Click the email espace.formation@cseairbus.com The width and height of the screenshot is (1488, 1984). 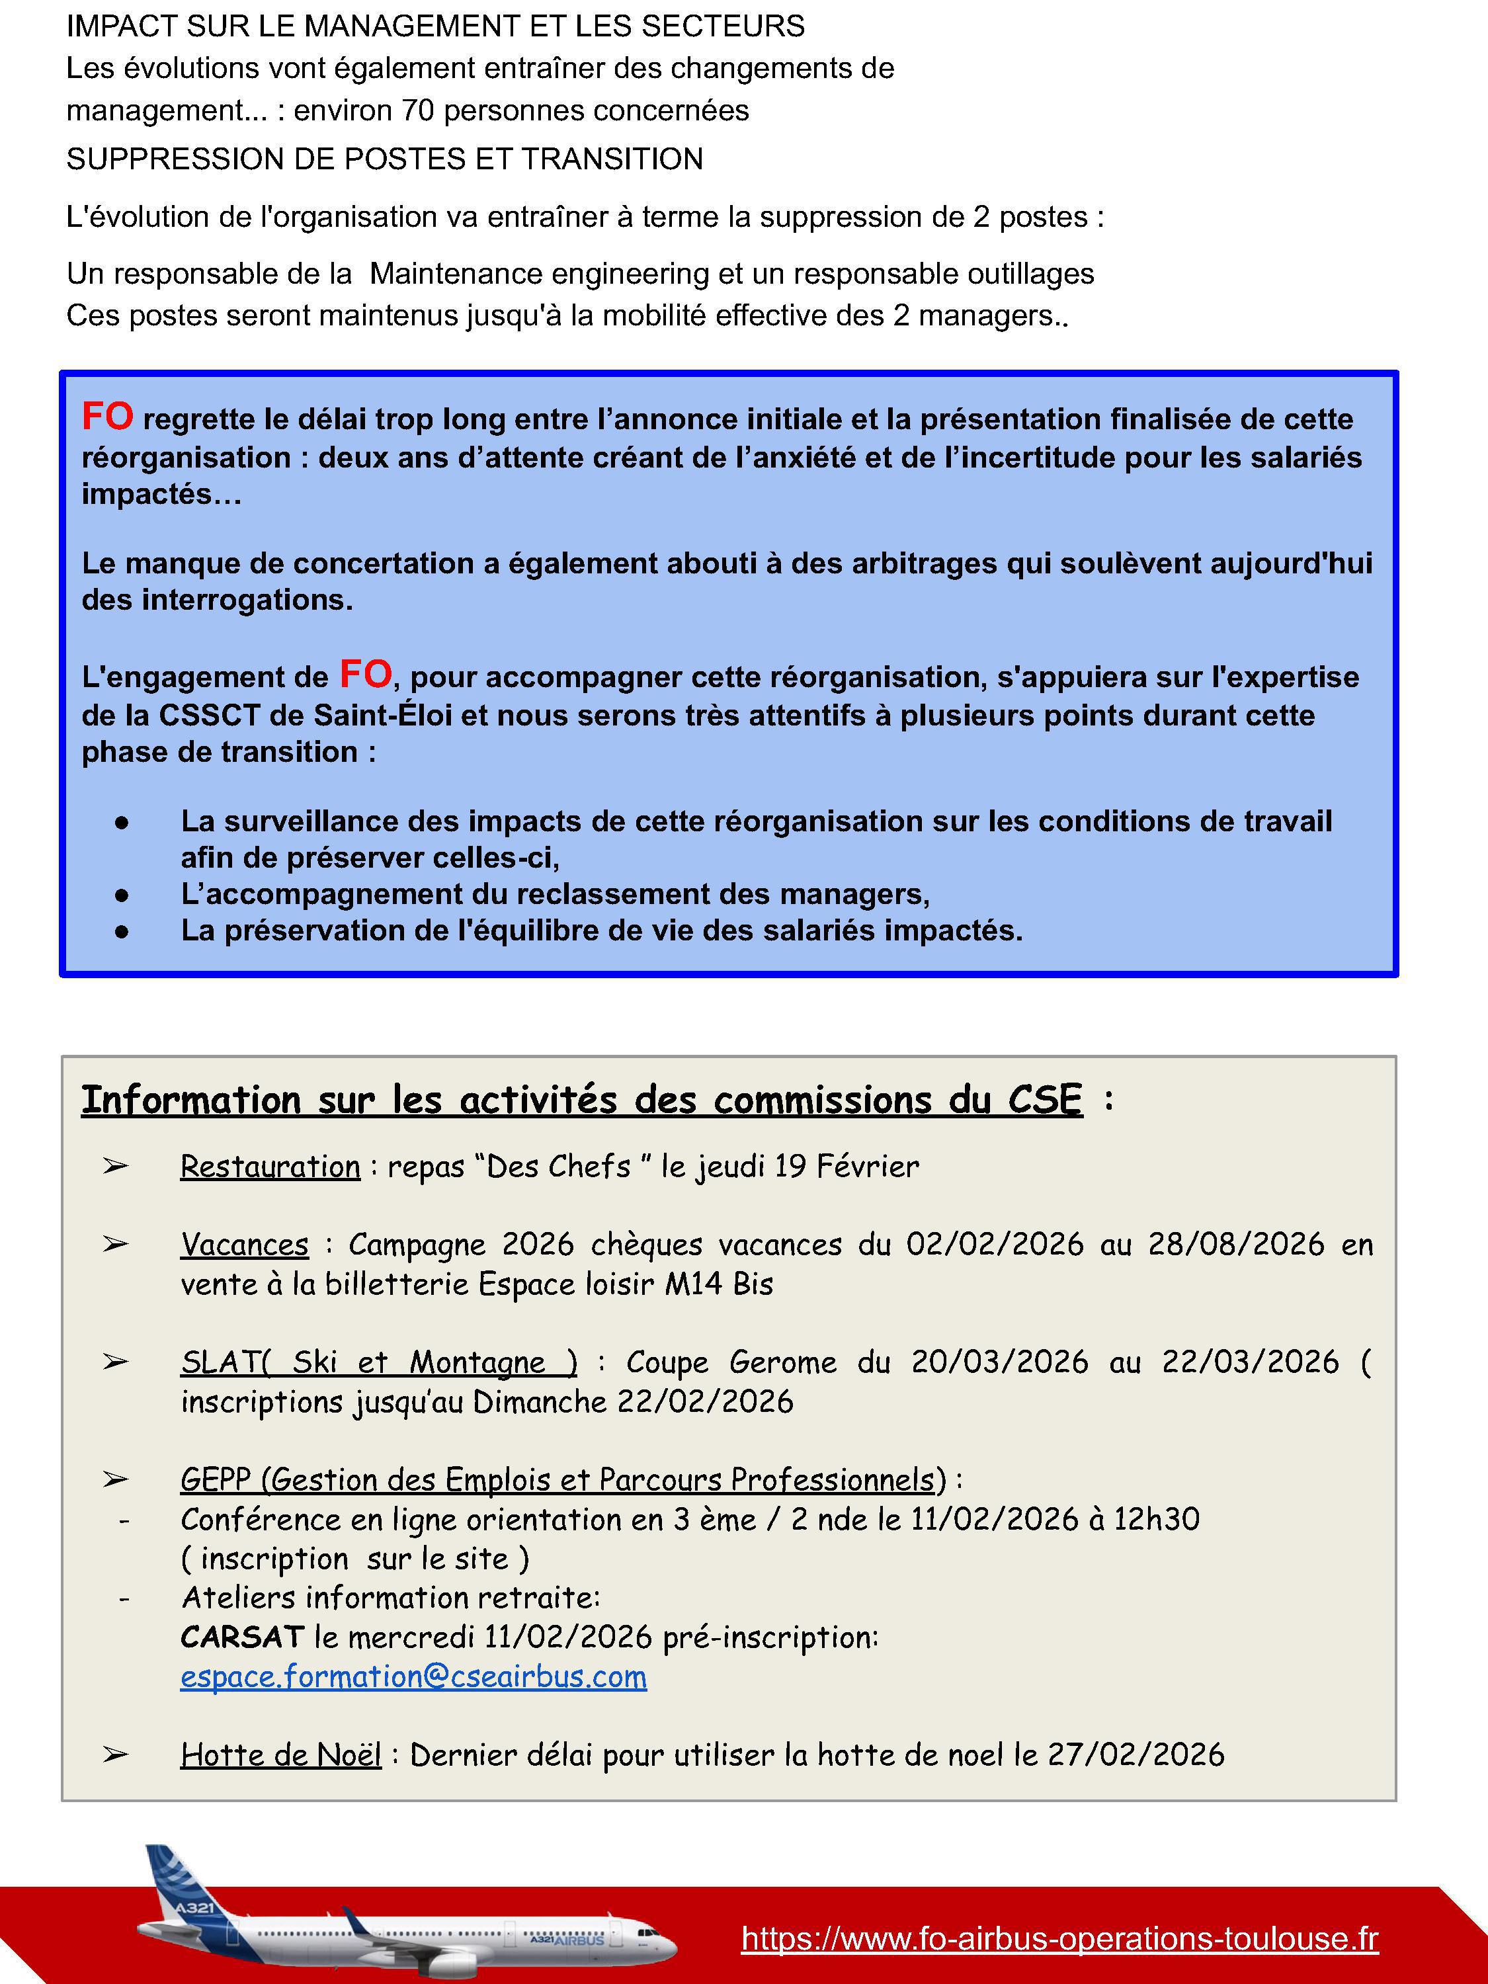(x=413, y=1676)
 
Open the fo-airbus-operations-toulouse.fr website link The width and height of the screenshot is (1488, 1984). (x=1059, y=1938)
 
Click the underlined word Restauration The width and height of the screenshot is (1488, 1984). (x=270, y=1166)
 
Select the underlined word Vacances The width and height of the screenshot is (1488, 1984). (x=244, y=1244)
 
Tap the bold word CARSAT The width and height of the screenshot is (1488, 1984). (x=242, y=1637)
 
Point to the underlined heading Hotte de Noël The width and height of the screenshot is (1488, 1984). (x=281, y=1755)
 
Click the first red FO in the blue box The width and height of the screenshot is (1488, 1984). (x=108, y=416)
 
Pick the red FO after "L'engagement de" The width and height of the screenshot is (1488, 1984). (x=365, y=674)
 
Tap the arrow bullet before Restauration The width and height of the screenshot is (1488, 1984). (x=115, y=1167)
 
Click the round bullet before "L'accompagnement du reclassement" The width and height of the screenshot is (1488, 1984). (x=122, y=894)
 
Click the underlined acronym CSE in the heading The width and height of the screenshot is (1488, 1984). (x=1045, y=1100)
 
